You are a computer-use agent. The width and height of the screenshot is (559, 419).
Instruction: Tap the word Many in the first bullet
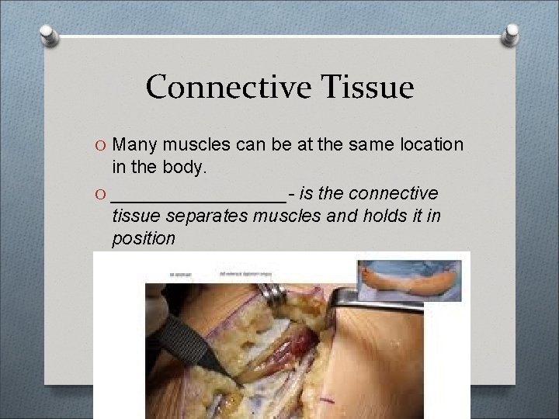tap(135, 144)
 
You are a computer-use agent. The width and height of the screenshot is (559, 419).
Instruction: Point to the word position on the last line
tap(144, 239)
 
